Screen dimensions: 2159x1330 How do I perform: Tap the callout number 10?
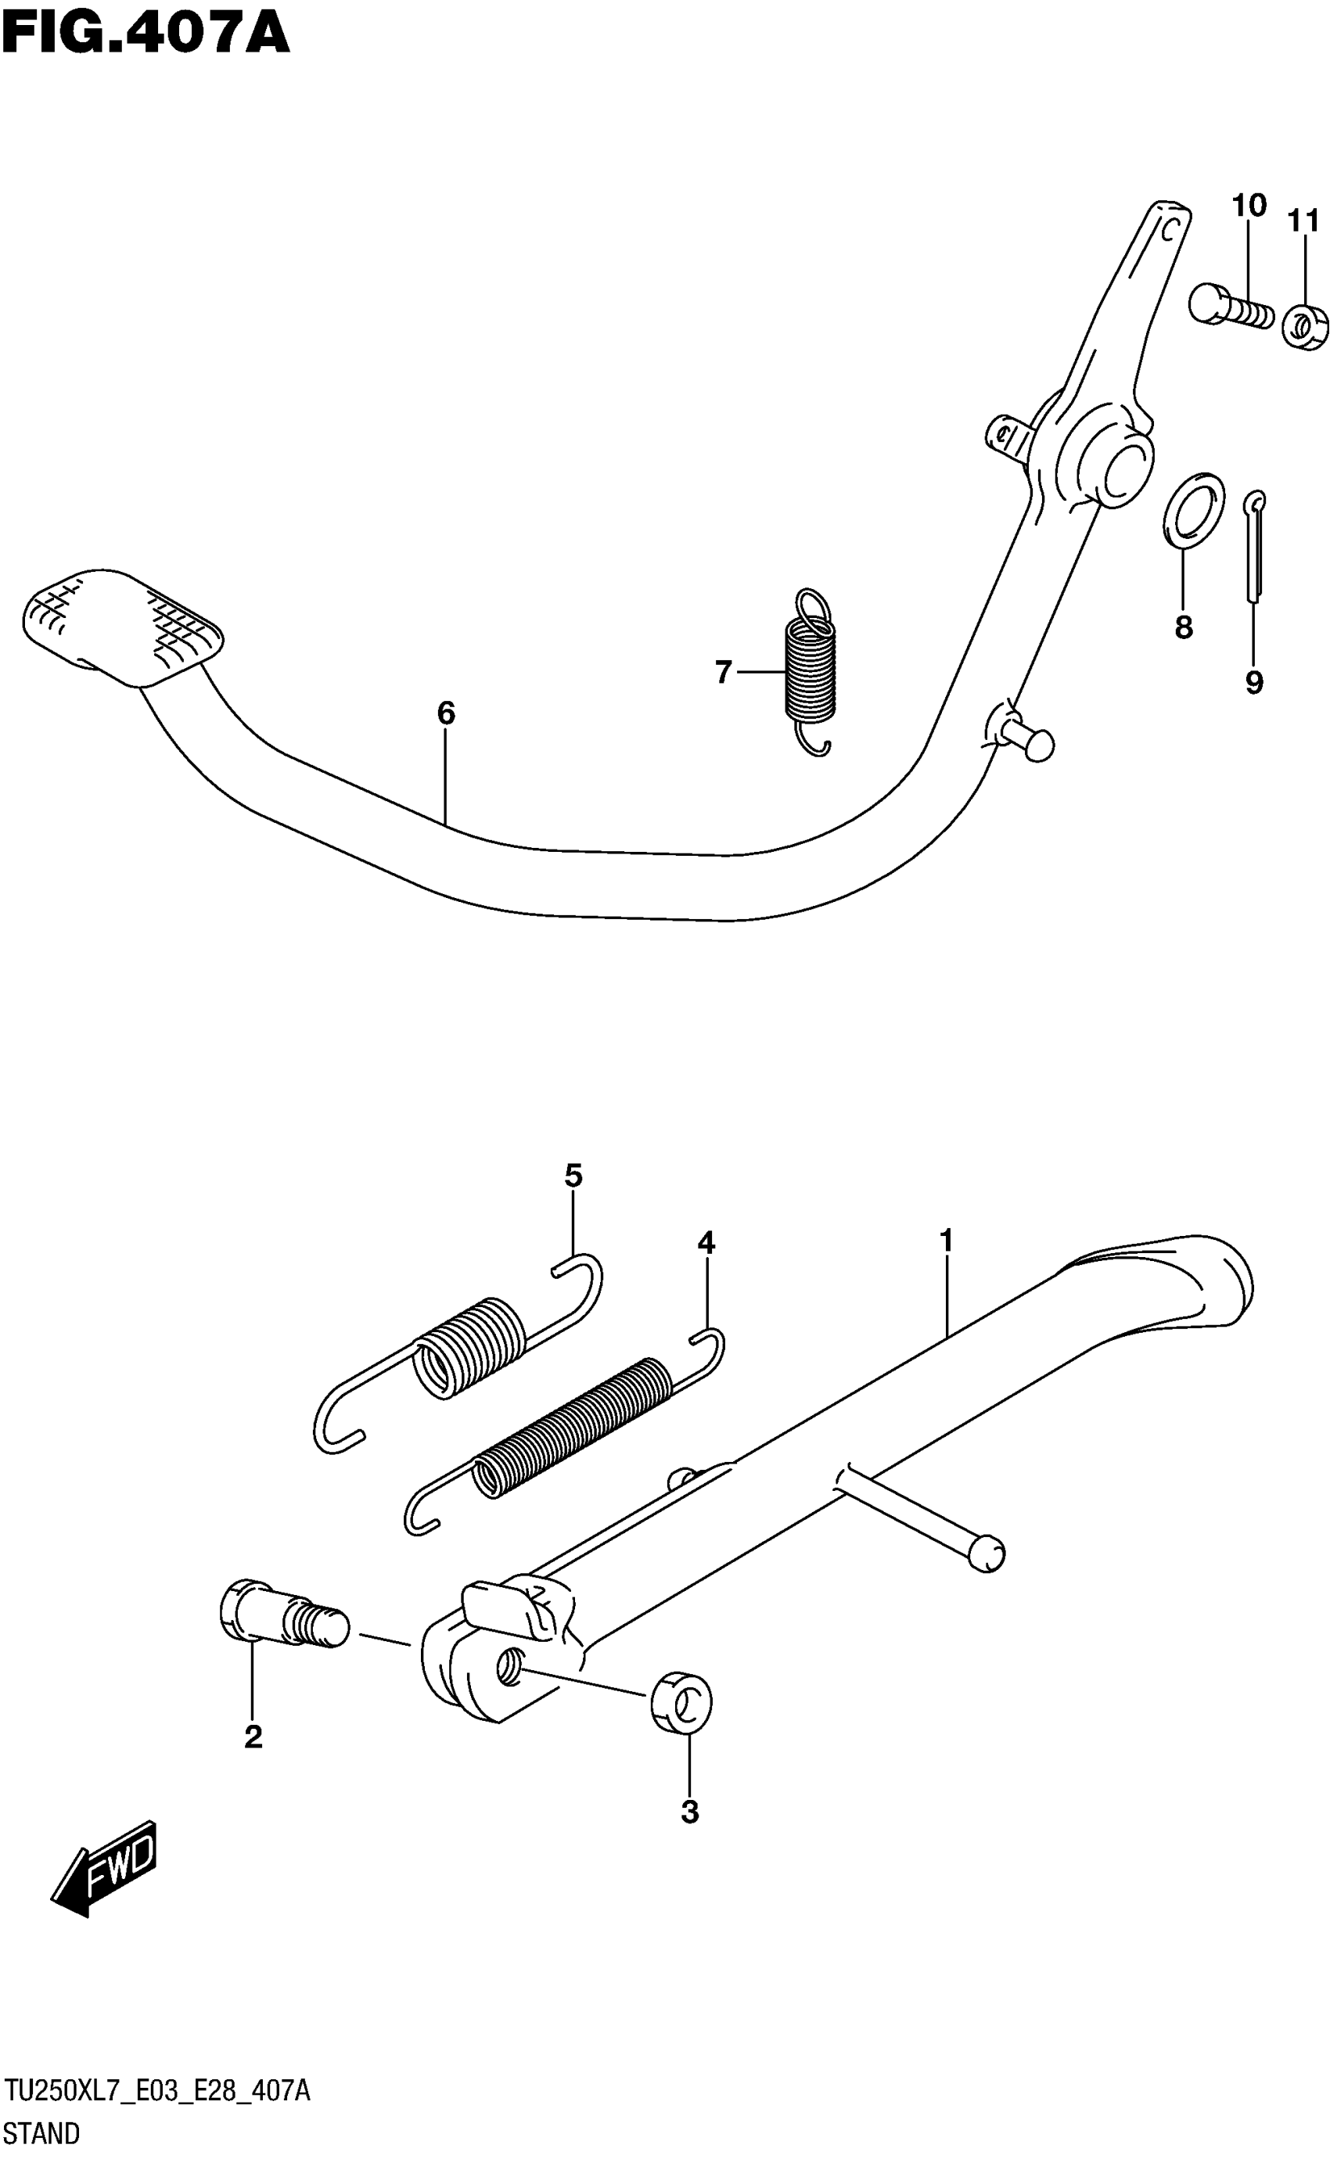coord(1248,205)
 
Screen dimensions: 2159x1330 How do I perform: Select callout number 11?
coord(1303,220)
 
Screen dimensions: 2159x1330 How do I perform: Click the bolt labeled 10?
coord(1230,306)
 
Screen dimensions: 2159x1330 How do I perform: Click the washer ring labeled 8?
coord(1194,510)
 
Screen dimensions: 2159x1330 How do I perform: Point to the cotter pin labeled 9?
coord(1255,549)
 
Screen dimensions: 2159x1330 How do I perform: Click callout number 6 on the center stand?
coord(446,713)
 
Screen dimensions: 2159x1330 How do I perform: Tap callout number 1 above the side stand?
coord(947,1241)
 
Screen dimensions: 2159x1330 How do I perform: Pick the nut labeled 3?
coord(681,1701)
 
